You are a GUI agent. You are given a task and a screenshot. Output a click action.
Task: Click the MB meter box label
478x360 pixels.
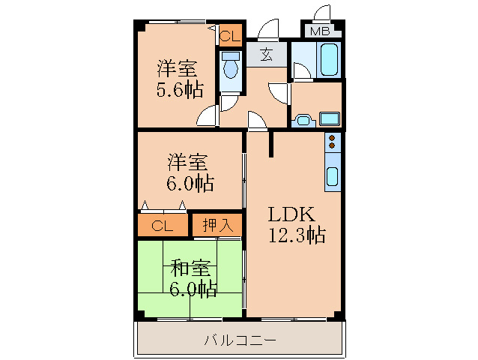[320, 31]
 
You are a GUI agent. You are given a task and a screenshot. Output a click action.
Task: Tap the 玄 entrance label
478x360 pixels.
[266, 54]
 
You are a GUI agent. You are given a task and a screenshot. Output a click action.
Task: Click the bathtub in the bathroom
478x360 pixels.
[328, 59]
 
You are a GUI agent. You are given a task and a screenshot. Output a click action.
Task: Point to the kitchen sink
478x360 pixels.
[333, 178]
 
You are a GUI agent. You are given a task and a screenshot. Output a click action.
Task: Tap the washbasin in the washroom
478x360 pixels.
[330, 118]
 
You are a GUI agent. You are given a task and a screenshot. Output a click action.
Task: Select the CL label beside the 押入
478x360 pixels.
[163, 226]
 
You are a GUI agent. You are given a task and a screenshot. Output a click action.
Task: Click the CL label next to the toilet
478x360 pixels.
[230, 35]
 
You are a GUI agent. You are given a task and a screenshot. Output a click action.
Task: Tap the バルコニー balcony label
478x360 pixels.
[240, 340]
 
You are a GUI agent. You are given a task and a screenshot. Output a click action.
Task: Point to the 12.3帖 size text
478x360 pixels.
[297, 235]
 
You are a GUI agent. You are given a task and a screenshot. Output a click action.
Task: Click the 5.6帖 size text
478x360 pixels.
[179, 91]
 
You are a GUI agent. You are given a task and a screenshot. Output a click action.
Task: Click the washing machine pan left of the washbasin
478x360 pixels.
[303, 118]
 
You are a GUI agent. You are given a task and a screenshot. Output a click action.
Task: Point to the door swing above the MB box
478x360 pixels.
[323, 13]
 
